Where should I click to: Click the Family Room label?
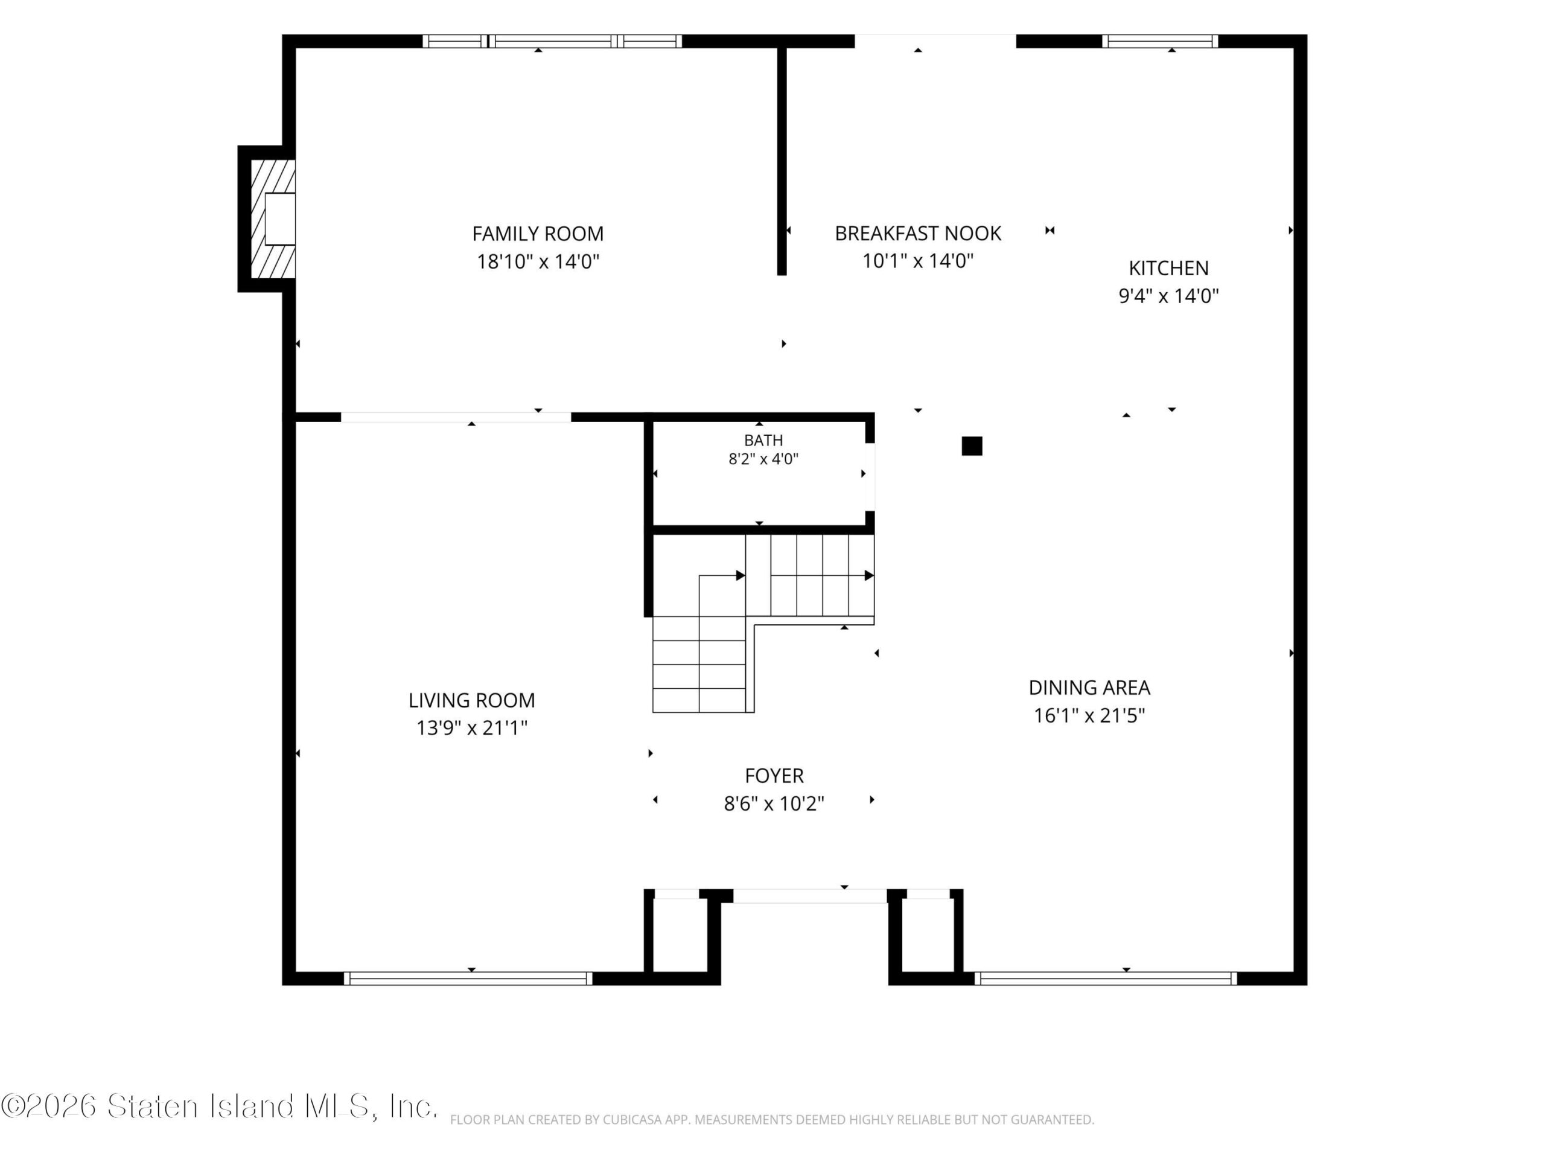coord(538,234)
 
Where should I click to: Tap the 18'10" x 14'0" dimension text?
coord(538,261)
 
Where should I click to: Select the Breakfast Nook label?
coord(918,234)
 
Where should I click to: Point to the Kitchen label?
coord(1168,268)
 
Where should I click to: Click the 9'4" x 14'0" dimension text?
coord(1168,296)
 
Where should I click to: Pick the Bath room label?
coord(763,440)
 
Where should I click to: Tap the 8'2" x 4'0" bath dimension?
coord(763,459)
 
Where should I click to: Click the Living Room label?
coord(471,700)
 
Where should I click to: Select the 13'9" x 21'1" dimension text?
coord(471,728)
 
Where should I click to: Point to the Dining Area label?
coord(1089,688)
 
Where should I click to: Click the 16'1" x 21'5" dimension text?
coord(1089,715)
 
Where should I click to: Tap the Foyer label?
coord(774,776)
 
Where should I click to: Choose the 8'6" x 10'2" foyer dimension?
coord(774,803)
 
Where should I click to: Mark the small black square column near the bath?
coord(972,445)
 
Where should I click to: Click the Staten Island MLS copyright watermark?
coord(219,1106)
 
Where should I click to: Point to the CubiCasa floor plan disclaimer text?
coord(772,1120)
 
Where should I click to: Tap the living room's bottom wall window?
coord(468,979)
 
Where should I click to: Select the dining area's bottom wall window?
coord(1106,979)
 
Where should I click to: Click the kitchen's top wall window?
coord(1160,41)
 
